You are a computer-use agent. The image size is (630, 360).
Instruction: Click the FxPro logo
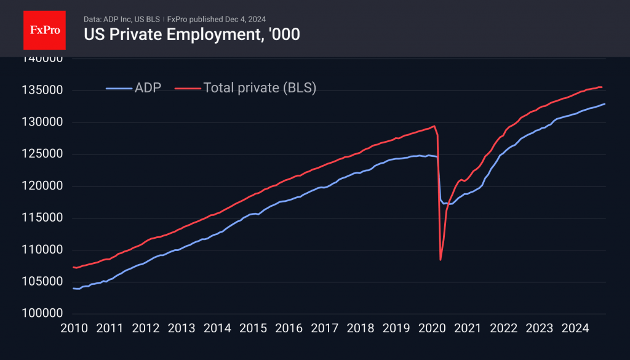pyautogui.click(x=44, y=29)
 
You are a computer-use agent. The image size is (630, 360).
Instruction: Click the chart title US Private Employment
pyautogui.click(x=191, y=34)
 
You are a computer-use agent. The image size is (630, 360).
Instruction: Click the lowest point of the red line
pyautogui.click(x=441, y=260)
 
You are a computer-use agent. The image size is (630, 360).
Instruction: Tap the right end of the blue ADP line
pyautogui.click(x=605, y=104)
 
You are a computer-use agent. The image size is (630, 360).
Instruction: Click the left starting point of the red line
pyautogui.click(x=74, y=267)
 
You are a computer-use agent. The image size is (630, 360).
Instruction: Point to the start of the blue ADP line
pyautogui.click(x=74, y=289)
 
